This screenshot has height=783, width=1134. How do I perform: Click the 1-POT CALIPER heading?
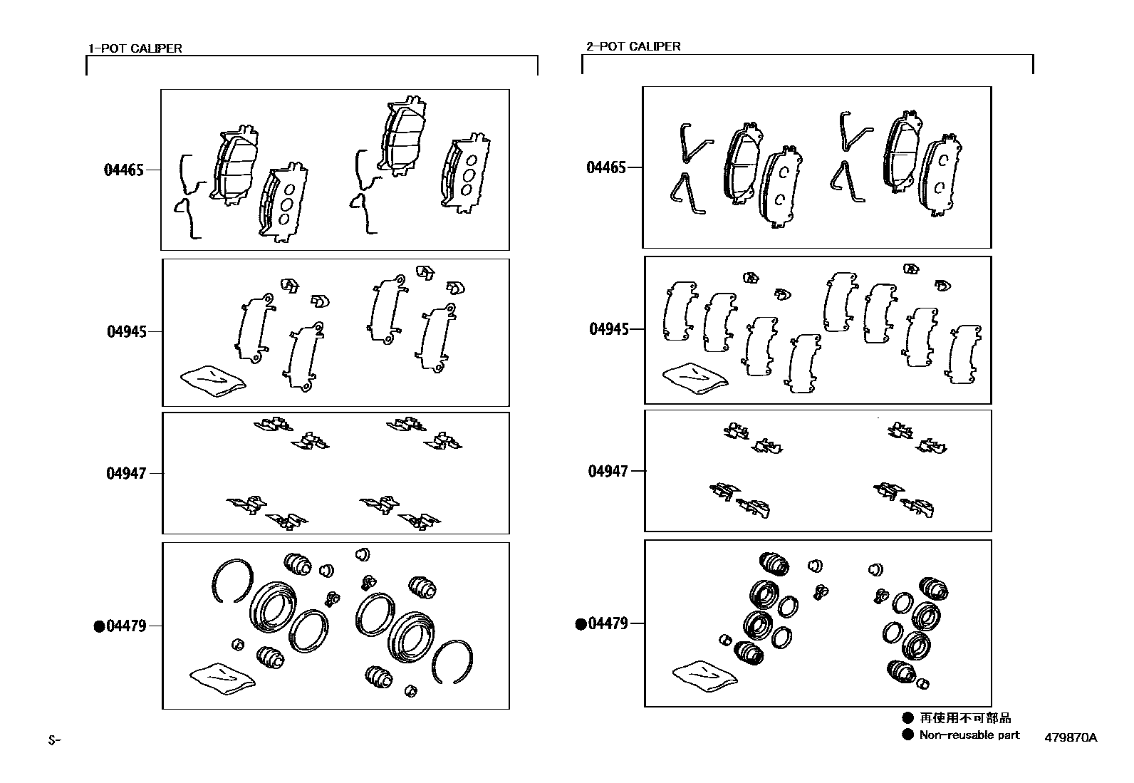135,48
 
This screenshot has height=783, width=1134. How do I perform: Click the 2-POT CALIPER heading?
633,46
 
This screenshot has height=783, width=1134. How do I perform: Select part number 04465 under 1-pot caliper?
124,170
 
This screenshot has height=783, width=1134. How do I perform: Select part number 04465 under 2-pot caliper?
606,167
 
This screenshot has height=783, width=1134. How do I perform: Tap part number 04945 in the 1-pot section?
127,332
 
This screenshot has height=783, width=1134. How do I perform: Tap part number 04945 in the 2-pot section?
609,329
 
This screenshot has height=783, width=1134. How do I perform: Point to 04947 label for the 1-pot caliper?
126,474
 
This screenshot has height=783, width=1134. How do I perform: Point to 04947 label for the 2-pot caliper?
608,472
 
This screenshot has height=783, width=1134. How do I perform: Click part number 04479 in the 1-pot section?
127,626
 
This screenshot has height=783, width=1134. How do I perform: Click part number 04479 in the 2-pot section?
608,623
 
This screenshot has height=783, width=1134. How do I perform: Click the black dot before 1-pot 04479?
99,626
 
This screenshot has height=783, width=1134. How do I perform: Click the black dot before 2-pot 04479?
581,624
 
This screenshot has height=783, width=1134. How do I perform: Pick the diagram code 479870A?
1071,737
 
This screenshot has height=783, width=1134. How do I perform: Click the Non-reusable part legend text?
969,735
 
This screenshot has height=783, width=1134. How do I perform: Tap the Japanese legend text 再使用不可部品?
965,717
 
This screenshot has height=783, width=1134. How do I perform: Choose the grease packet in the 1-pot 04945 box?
213,381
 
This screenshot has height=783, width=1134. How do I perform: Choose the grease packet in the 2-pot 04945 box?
696,378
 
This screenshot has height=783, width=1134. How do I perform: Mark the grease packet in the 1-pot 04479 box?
223,679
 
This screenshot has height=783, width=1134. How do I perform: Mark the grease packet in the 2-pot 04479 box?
705,676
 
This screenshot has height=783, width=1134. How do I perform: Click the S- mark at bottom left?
54,740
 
